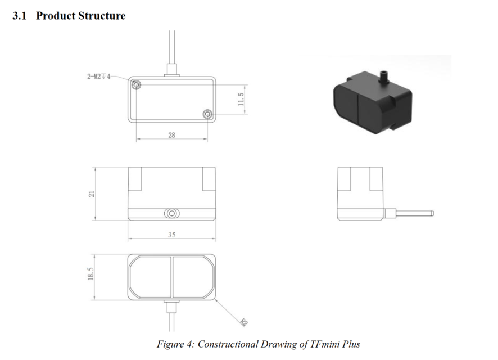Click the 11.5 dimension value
[241, 99]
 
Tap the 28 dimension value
[171, 135]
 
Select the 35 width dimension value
[171, 235]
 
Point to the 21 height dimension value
[92, 194]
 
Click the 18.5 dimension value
[90, 273]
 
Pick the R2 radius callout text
[243, 322]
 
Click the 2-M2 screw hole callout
[99, 76]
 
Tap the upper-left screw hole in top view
[137, 85]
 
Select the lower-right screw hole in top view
[207, 114]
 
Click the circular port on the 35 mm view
[171, 213]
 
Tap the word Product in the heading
[56, 16]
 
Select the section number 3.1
[19, 16]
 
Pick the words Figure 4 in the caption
[175, 345]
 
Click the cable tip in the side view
[432, 213]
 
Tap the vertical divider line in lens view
[172, 277]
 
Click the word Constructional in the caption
[228, 344]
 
